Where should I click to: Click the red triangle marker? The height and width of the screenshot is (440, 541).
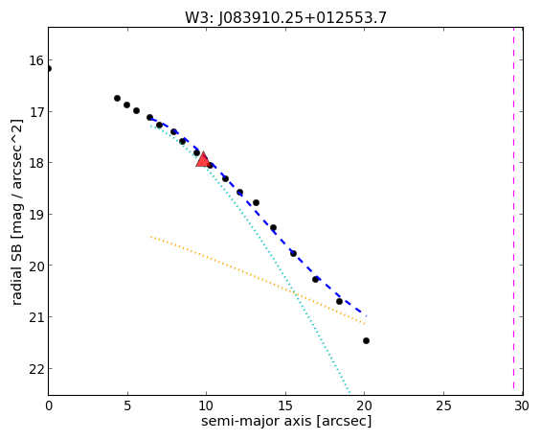pyautogui.click(x=203, y=159)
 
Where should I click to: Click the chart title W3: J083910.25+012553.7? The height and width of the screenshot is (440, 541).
pyautogui.click(x=285, y=17)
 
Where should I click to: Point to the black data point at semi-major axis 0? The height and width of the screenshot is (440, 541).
pyautogui.click(x=48, y=68)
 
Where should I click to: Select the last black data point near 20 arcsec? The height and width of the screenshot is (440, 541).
pyautogui.click(x=366, y=341)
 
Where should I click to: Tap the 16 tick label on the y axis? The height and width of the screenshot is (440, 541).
pyautogui.click(x=36, y=60)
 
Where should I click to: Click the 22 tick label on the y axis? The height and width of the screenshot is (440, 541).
pyautogui.click(x=36, y=369)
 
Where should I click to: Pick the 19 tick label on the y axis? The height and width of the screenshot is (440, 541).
pyautogui.click(x=36, y=215)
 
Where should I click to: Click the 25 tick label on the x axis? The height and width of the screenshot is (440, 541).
pyautogui.click(x=443, y=405)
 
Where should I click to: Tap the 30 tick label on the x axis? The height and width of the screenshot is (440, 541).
pyautogui.click(x=522, y=405)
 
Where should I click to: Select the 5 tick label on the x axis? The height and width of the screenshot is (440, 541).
pyautogui.click(x=127, y=405)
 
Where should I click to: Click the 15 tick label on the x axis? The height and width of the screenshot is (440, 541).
pyautogui.click(x=285, y=405)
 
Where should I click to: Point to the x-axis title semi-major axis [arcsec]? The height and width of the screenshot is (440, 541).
pyautogui.click(x=286, y=422)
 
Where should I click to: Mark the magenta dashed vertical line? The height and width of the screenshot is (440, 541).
pyautogui.click(x=513, y=211)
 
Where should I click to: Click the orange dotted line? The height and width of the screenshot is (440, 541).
pyautogui.click(x=258, y=280)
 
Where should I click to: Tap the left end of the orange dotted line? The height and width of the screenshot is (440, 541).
pyautogui.click(x=150, y=237)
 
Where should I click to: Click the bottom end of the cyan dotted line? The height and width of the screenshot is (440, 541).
pyautogui.click(x=349, y=393)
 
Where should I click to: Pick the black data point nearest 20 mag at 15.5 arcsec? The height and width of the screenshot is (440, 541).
pyautogui.click(x=293, y=253)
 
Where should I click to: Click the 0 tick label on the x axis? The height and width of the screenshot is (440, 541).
pyautogui.click(x=49, y=405)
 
